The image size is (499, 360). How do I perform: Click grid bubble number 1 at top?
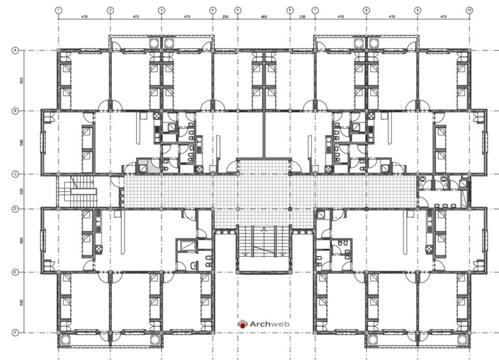[58, 10]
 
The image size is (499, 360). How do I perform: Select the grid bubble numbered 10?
[469, 10]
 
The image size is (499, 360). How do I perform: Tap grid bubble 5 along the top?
[238, 10]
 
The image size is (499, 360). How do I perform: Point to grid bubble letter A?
[14, 50]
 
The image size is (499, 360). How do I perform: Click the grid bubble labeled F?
[14, 333]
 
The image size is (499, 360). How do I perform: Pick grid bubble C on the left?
[14, 174]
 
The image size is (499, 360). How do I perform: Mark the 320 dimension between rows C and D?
[23, 191]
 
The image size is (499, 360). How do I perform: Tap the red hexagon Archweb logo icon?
[242, 324]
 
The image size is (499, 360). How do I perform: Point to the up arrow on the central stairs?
[264, 229]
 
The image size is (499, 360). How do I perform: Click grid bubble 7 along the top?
[314, 10]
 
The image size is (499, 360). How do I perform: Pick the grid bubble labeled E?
[14, 272]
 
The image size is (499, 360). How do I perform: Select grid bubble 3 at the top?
[161, 10]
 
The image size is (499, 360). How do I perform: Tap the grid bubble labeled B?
[14, 110]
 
